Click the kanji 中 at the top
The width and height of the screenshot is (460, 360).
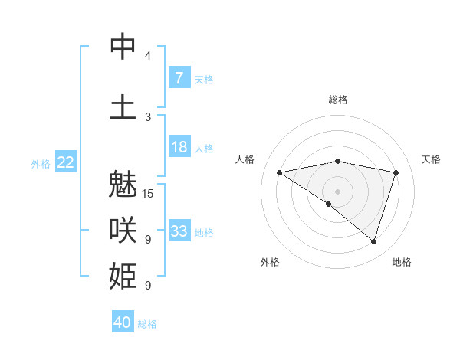pyautogui.click(x=123, y=47)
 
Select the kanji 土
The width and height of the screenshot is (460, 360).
pyautogui.click(x=123, y=106)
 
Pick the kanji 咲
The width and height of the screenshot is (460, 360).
pyautogui.click(x=123, y=229)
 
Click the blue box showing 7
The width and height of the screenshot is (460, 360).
pyautogui.click(x=179, y=77)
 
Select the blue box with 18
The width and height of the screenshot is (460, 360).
pyautogui.click(x=179, y=147)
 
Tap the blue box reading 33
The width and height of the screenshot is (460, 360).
pyautogui.click(x=179, y=231)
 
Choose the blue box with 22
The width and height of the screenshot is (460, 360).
pyautogui.click(x=66, y=162)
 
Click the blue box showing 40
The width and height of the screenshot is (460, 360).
pyautogui.click(x=123, y=322)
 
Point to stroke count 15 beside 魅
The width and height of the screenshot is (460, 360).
pyautogui.click(x=148, y=194)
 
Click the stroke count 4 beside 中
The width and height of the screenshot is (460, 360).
pyautogui.click(x=148, y=56)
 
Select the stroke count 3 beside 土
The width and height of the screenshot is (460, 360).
pyautogui.click(x=148, y=116)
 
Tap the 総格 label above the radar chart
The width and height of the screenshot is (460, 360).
pyautogui.click(x=337, y=100)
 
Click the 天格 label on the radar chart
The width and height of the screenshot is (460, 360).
pyautogui.click(x=431, y=159)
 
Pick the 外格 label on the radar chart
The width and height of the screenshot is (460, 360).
pyautogui.click(x=270, y=262)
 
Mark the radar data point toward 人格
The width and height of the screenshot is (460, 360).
pyautogui.click(x=279, y=172)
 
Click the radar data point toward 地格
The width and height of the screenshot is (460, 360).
pyautogui.click(x=373, y=241)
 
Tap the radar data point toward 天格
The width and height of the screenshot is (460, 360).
pyautogui.click(x=396, y=172)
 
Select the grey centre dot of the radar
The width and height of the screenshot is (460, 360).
pyautogui.click(x=337, y=191)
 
